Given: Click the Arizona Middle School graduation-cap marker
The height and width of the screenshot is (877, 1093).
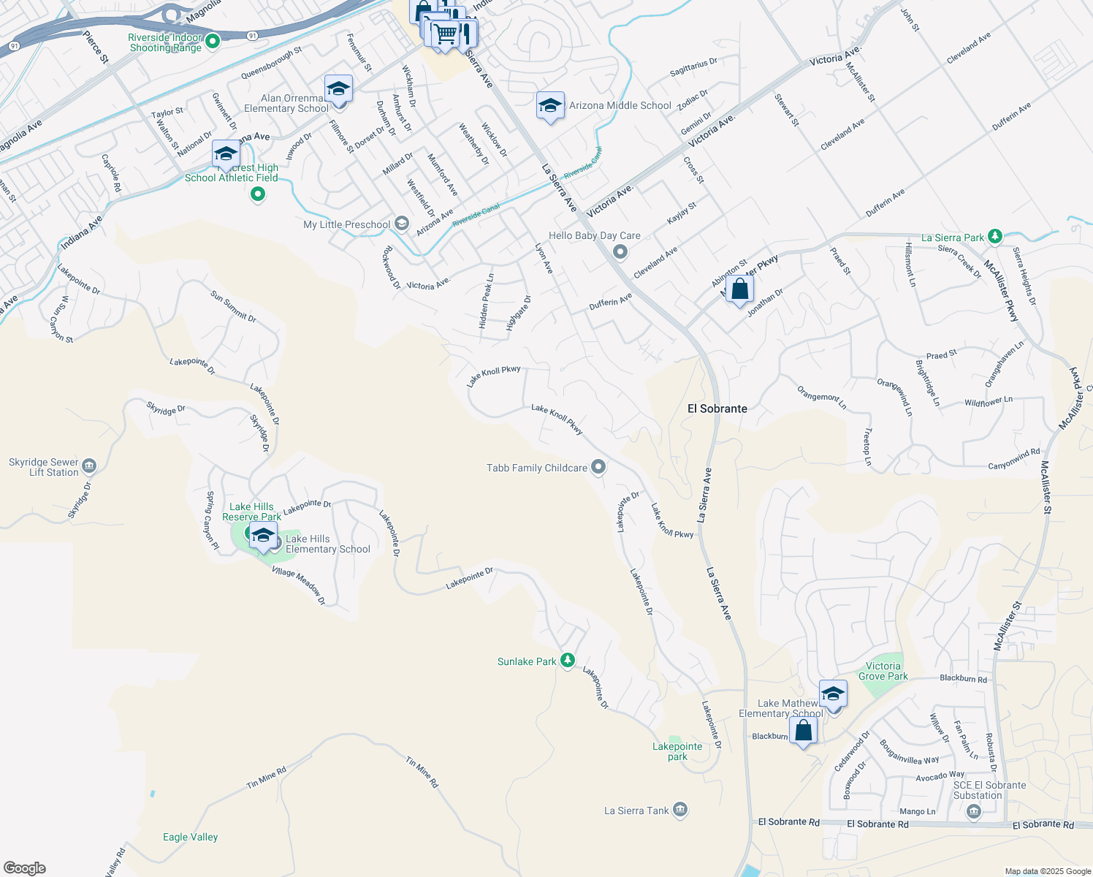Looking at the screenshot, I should (550, 106).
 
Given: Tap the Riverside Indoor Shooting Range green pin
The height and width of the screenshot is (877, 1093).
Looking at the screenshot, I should (213, 42).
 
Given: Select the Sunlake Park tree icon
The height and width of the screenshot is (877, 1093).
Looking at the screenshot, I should (568, 661).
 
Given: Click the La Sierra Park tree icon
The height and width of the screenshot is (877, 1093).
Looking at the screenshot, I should (994, 237).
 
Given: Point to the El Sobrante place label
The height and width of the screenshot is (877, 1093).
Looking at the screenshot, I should (717, 409).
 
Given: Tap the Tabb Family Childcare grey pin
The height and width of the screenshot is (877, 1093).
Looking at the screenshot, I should (598, 467).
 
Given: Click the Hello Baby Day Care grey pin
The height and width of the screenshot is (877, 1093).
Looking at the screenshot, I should (620, 252).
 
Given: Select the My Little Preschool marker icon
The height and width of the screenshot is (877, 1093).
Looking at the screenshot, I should (401, 224).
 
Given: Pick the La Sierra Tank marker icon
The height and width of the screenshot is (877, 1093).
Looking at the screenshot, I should (680, 810).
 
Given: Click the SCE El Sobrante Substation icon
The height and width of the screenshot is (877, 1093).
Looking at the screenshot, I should (973, 811).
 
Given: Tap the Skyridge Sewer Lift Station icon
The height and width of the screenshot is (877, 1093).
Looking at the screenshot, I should (89, 466).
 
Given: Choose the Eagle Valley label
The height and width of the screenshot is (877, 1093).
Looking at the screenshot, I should (190, 837).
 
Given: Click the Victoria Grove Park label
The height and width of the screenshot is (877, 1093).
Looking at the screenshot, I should (883, 671).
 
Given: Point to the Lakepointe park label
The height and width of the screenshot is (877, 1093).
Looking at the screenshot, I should (677, 751).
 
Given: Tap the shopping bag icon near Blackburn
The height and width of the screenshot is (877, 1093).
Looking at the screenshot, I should (803, 731).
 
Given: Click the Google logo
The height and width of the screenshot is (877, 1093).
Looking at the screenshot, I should (24, 868).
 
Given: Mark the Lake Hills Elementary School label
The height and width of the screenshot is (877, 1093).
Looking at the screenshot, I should (328, 544).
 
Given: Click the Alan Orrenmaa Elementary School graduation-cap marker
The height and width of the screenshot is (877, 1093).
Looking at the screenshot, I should (338, 89).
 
